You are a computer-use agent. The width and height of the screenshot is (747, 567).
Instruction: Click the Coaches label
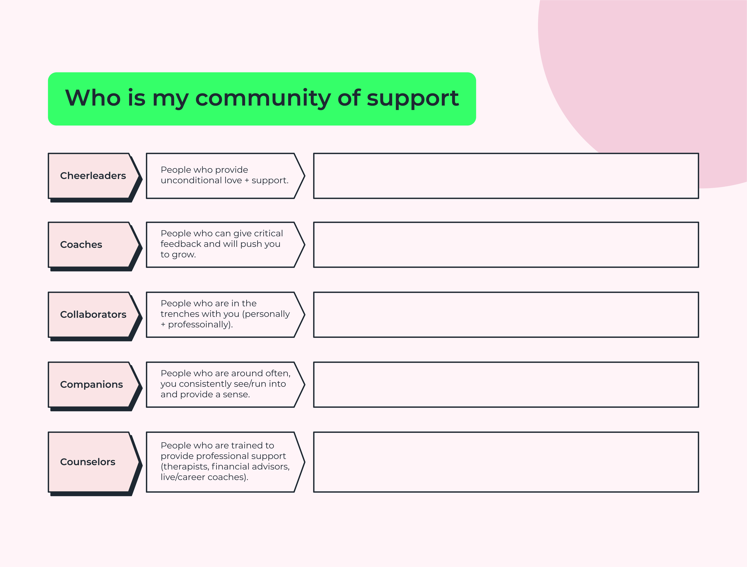tap(81, 245)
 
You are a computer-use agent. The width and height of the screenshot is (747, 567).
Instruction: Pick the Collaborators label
tap(93, 314)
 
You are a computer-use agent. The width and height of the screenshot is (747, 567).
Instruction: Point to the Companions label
tap(92, 384)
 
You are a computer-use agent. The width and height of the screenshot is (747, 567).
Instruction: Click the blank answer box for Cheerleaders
tap(506, 176)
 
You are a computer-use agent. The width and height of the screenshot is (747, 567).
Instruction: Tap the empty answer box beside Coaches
tap(506, 245)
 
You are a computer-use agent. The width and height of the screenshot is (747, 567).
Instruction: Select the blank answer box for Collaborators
tap(506, 314)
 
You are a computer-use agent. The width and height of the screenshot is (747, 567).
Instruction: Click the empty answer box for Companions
tap(506, 384)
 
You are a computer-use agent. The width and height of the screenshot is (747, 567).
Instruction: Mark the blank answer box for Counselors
tap(506, 462)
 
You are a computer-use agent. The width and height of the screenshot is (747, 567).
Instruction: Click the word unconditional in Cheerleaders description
tap(192, 181)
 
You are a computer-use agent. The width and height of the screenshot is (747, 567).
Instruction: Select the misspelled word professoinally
tap(200, 325)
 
